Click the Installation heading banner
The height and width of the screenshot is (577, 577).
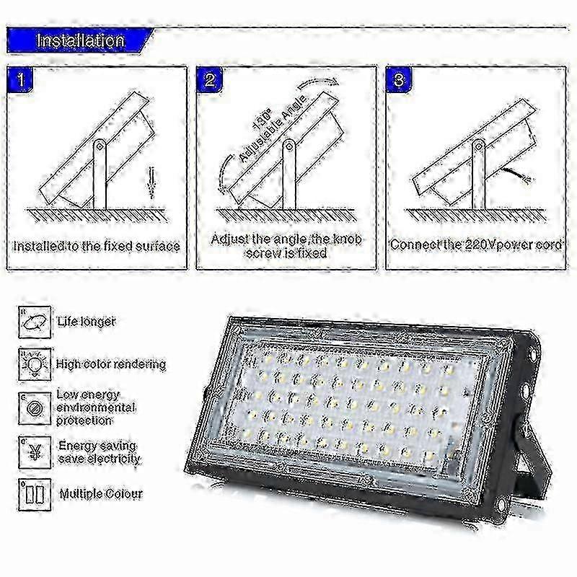80,40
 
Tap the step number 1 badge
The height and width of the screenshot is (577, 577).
21,79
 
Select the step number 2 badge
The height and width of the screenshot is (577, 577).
210,79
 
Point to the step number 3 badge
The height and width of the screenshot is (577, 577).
399,79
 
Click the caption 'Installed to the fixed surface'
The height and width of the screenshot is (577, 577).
97,246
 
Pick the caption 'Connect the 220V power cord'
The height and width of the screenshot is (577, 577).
476,245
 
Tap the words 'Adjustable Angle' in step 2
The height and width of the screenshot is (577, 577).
273,128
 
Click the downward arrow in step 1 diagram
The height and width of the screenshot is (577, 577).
151,183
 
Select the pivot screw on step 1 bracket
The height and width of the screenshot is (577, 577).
100,147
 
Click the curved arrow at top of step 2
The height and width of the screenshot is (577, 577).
318,83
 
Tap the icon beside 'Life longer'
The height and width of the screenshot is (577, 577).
35,322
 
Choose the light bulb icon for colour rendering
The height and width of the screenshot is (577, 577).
35,364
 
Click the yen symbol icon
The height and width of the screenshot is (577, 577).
35,453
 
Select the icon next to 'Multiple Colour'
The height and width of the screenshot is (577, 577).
35,495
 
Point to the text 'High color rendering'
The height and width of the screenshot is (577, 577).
111,364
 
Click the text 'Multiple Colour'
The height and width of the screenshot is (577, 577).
101,494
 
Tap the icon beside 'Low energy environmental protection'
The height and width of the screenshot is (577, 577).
35,408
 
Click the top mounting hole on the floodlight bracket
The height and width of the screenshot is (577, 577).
532,354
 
